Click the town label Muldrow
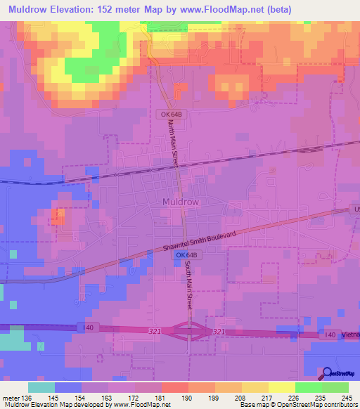[x=181, y=202]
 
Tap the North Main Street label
[x=174, y=143]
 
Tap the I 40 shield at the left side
[x=86, y=327]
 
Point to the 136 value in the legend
[x=27, y=398]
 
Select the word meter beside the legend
[x=11, y=398]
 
